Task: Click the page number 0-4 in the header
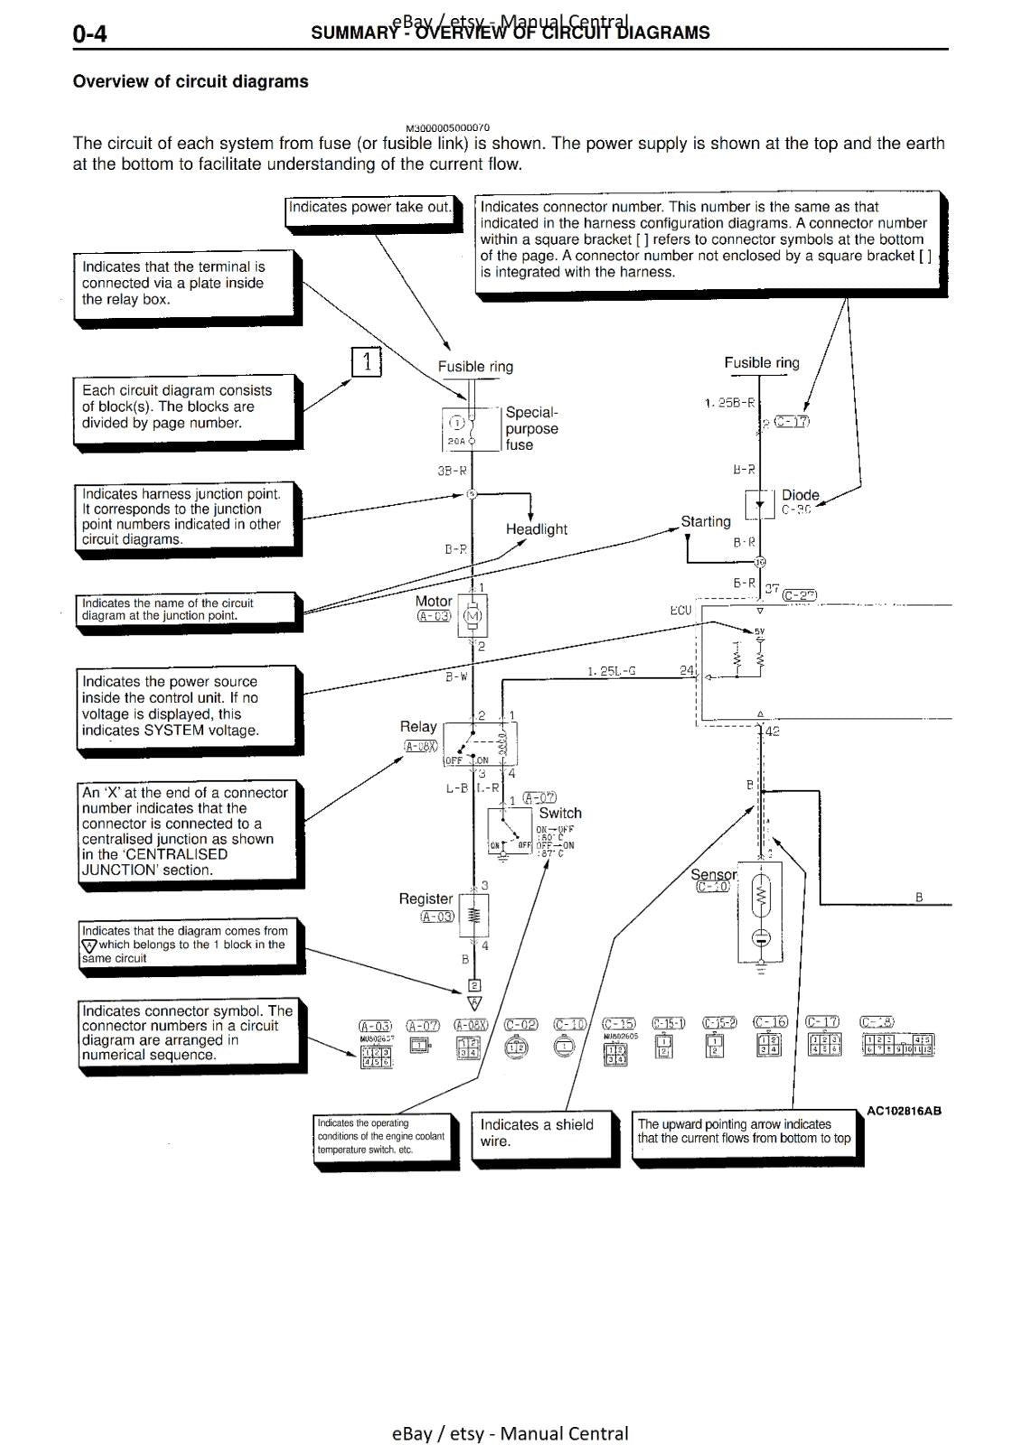click(89, 34)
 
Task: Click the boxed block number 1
click(366, 362)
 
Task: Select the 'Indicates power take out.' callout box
click(370, 208)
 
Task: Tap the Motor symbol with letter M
click(473, 617)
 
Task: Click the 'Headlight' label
click(536, 529)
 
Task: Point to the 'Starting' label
click(706, 522)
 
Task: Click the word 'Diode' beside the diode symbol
click(800, 495)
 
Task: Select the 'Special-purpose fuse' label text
click(531, 428)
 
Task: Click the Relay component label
click(417, 727)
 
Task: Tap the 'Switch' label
click(559, 813)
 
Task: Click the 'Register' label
click(426, 899)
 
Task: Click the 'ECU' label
click(680, 611)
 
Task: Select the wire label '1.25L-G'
click(611, 671)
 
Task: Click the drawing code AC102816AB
click(903, 1111)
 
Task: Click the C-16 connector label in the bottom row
click(770, 1022)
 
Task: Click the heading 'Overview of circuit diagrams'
click(191, 81)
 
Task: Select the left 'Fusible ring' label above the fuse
click(475, 367)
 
